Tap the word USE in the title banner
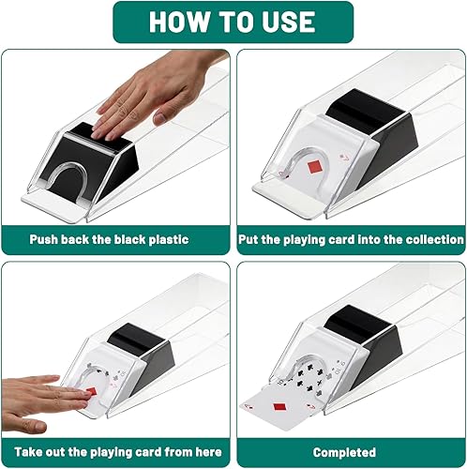point(289,22)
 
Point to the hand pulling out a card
point(38,393)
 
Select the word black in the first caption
point(122,239)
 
